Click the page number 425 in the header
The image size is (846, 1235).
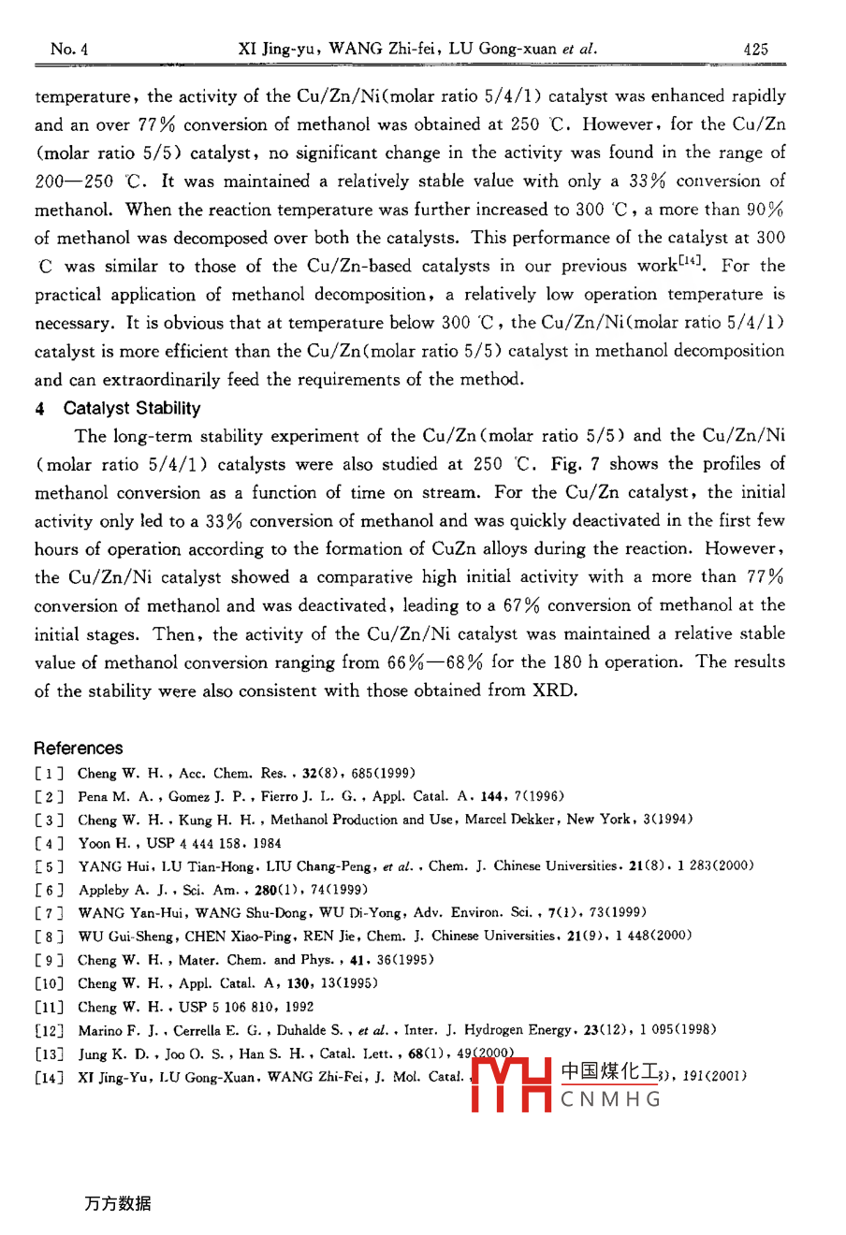755,50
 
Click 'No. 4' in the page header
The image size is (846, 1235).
69,50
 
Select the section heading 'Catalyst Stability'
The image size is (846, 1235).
132,409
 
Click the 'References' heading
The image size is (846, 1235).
79,748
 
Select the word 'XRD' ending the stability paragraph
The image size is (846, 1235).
555,691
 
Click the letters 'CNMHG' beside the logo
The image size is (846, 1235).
611,1099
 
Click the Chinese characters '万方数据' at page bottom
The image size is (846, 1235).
117,1204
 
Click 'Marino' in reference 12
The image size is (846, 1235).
100,1030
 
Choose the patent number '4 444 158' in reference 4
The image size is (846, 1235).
217,843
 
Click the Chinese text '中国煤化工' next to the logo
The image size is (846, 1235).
611,1072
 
